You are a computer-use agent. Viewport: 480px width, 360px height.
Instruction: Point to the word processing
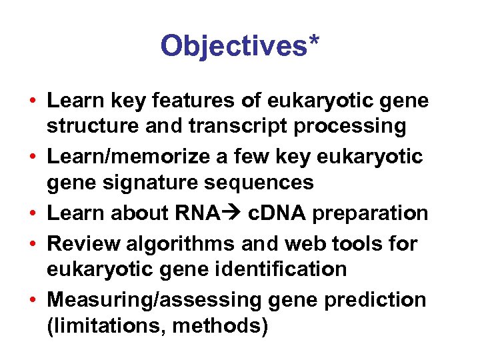[x=349, y=126]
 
